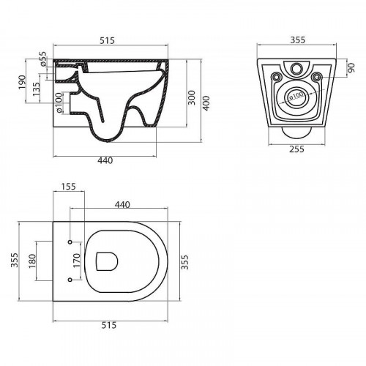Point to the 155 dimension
click(x=70, y=187)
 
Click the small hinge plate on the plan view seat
click(x=107, y=260)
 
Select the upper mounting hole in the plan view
click(x=70, y=242)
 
